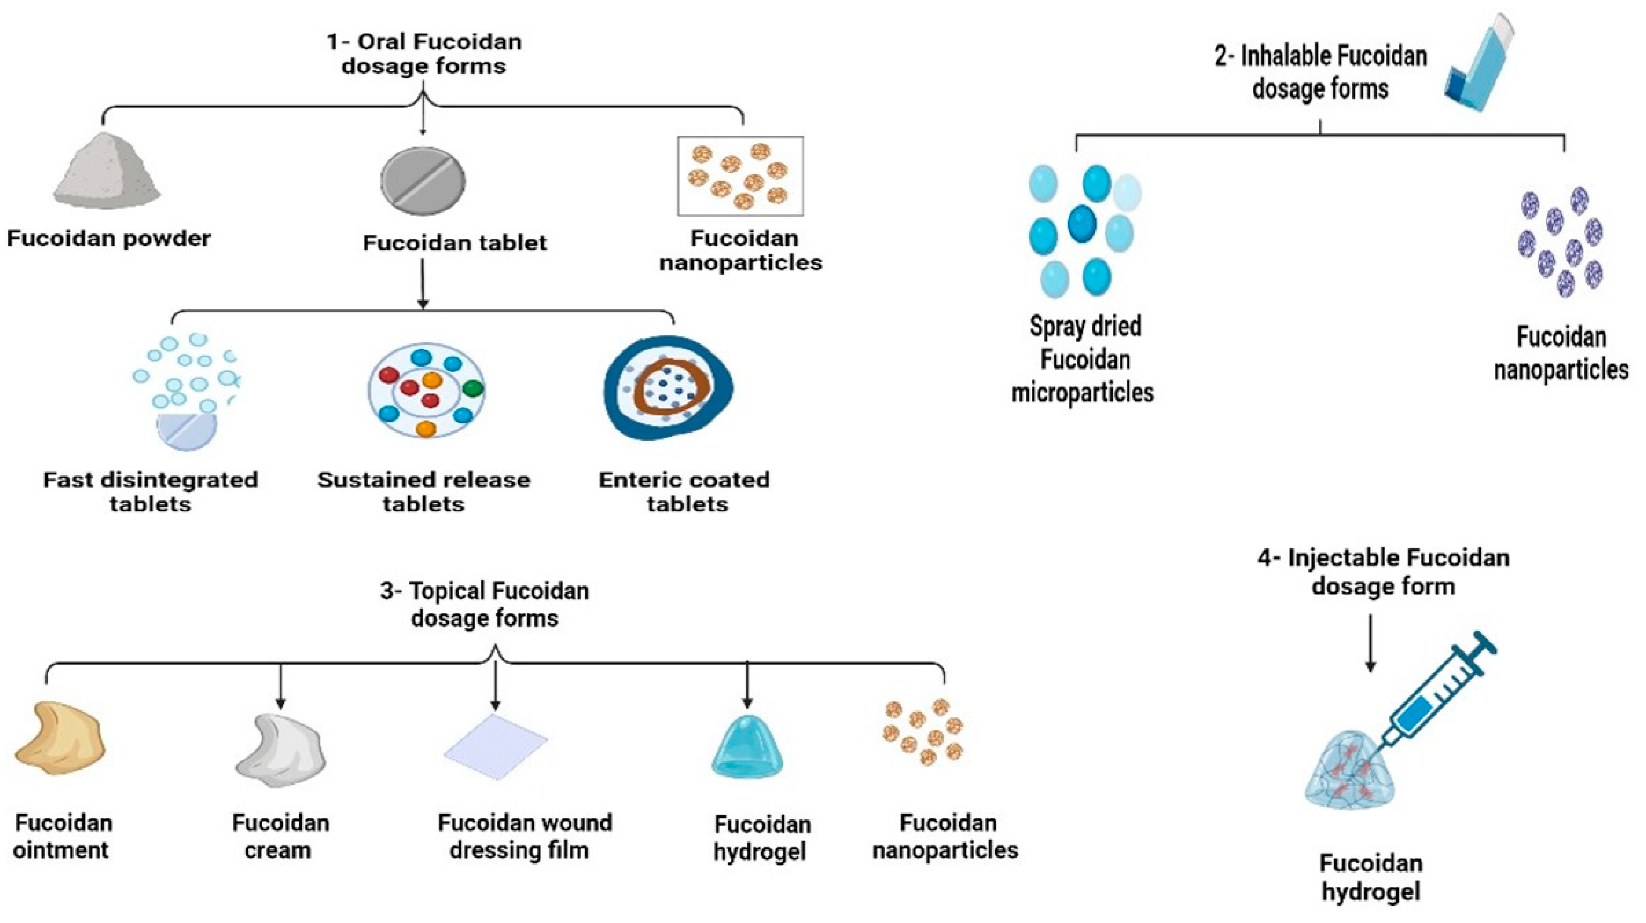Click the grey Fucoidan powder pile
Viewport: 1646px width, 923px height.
[x=107, y=171]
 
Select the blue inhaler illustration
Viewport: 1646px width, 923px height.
[x=1479, y=64]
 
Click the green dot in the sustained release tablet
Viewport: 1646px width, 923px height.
[x=473, y=387]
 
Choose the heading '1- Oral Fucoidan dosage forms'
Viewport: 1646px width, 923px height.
[x=424, y=54]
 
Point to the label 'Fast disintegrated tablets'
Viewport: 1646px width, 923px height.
[x=151, y=492]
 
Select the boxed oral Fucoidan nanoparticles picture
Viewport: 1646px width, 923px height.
[x=740, y=176]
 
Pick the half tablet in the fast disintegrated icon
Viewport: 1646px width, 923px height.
[x=187, y=431]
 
